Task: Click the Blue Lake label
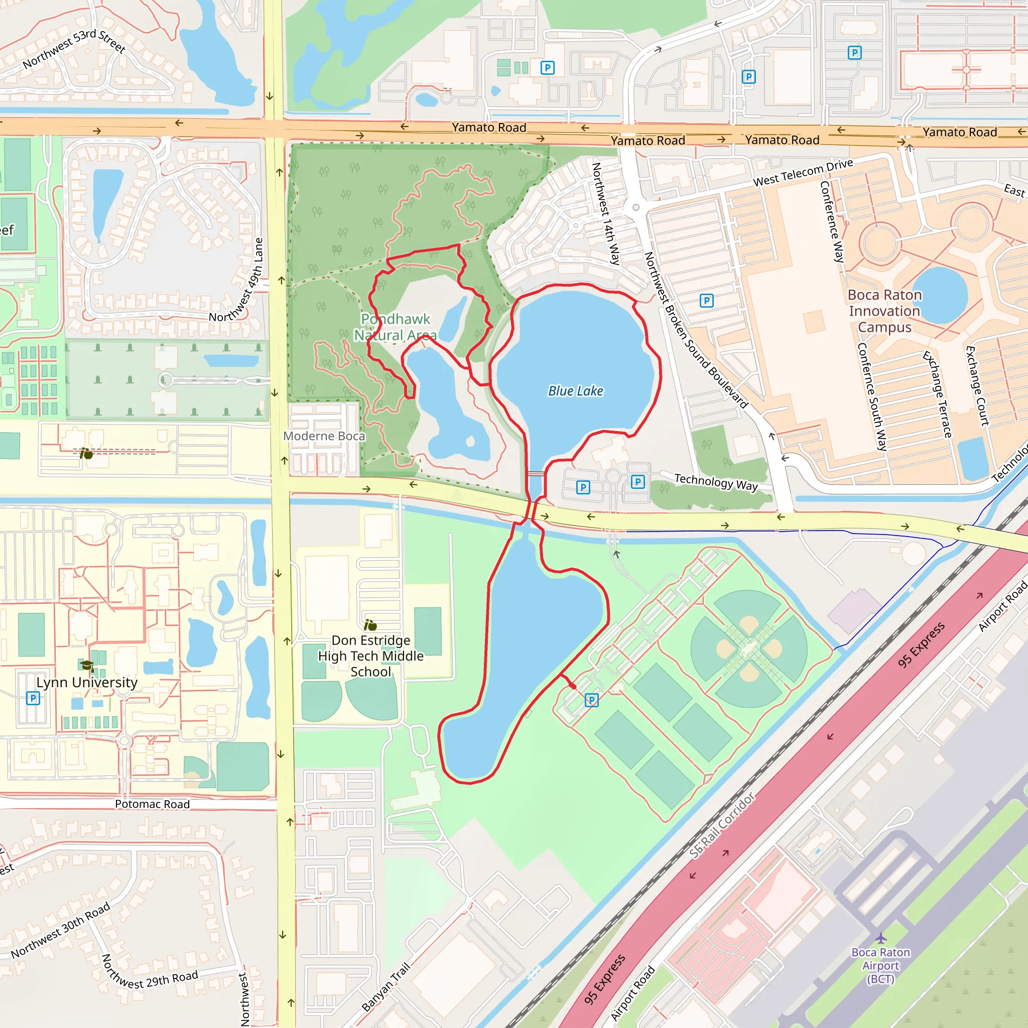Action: [576, 391]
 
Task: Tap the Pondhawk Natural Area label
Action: [396, 327]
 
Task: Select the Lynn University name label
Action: [87, 682]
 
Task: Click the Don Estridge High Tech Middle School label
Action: [371, 656]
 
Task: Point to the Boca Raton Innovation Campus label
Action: [884, 311]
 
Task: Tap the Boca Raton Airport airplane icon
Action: [880, 938]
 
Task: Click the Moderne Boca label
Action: [324, 436]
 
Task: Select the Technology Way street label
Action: [716, 482]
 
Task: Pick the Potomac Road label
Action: [152, 804]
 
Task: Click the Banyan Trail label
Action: [387, 987]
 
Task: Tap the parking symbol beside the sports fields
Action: [592, 700]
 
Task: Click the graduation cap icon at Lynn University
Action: [87, 666]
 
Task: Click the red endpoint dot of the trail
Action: [573, 686]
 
